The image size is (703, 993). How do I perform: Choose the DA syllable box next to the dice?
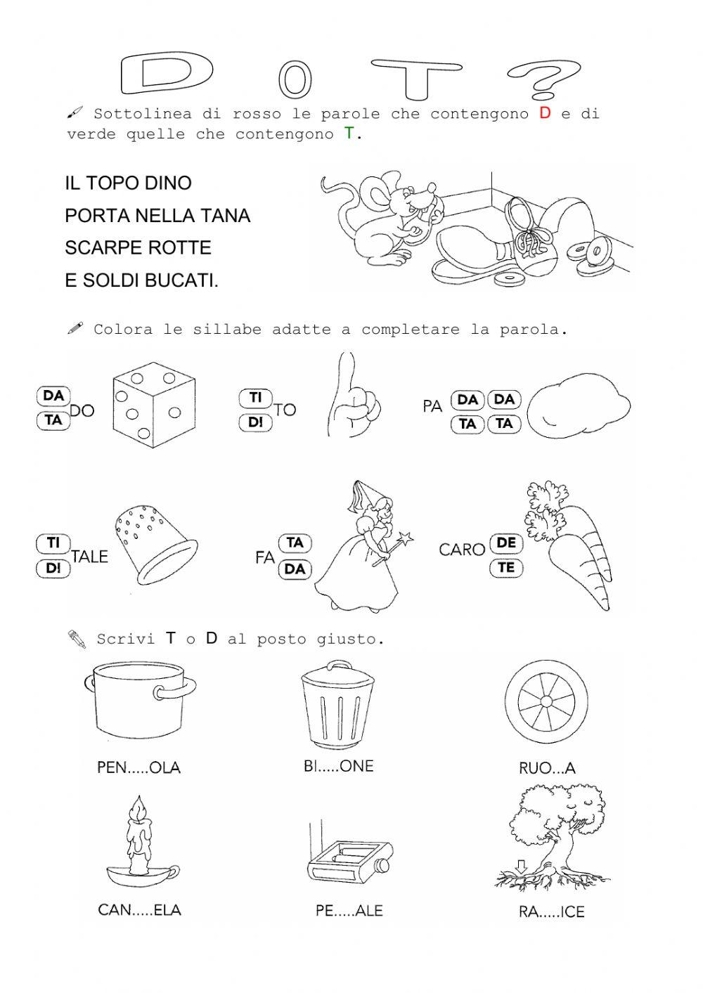pyautogui.click(x=53, y=396)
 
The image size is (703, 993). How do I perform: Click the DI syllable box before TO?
pyautogui.click(x=255, y=422)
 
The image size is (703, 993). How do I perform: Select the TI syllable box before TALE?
pyautogui.click(x=53, y=543)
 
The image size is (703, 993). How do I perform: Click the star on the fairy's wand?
pyautogui.click(x=406, y=540)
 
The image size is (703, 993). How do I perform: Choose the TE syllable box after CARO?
pyautogui.click(x=506, y=568)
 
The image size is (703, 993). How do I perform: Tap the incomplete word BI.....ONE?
pyautogui.click(x=338, y=767)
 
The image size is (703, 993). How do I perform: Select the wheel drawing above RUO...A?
pyautogui.click(x=546, y=701)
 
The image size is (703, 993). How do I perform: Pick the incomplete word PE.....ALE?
pyautogui.click(x=349, y=911)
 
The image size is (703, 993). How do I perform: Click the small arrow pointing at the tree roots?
pyautogui.click(x=521, y=866)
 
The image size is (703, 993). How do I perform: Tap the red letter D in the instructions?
pyautogui.click(x=545, y=113)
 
